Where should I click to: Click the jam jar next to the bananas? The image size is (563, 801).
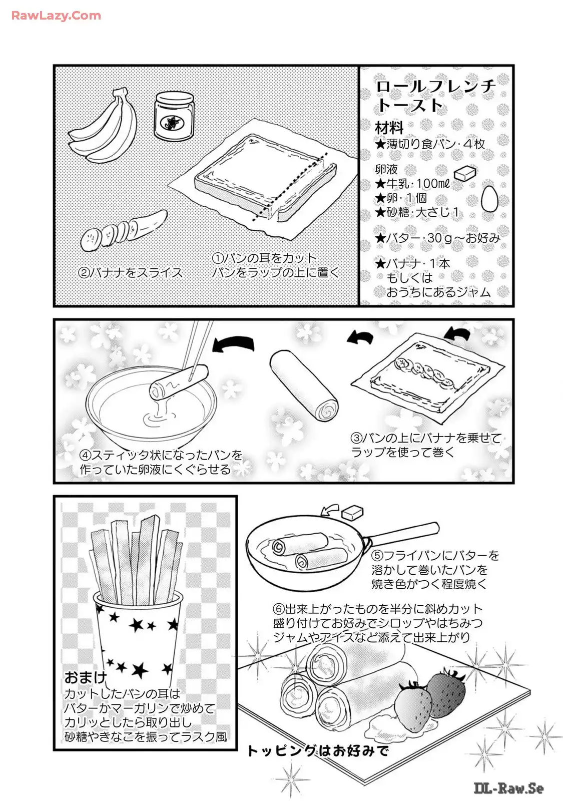tap(174, 117)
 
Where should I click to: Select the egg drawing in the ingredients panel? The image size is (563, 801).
tap(489, 199)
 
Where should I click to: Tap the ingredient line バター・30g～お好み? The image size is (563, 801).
tap(437, 238)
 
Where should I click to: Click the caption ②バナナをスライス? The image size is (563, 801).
tap(130, 273)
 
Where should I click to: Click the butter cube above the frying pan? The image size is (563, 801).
tap(352, 513)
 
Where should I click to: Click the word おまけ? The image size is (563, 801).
tap(86, 677)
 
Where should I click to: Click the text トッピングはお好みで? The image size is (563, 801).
tap(318, 750)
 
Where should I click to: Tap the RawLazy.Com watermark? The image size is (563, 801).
tap(56, 16)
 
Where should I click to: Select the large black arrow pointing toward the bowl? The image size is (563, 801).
tap(233, 344)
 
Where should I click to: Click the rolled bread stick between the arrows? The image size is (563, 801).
tap(303, 385)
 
